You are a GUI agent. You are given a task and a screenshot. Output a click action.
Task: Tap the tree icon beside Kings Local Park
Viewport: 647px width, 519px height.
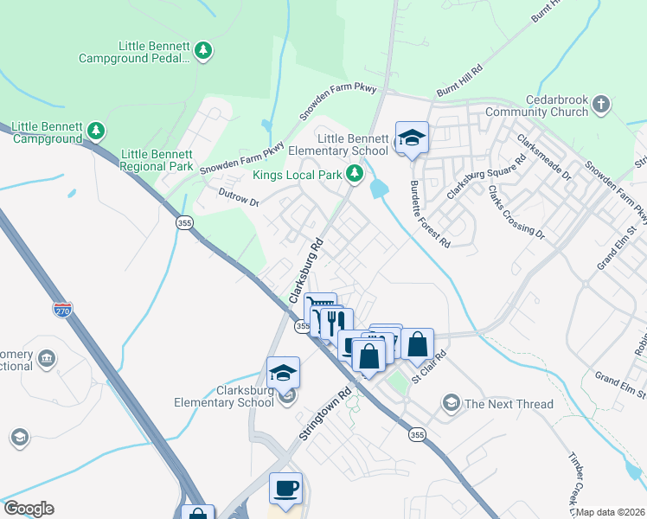[354, 175]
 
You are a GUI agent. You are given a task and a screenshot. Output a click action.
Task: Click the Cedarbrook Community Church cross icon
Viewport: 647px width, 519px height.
[601, 106]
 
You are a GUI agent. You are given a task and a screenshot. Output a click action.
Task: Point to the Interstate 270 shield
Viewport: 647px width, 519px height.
[62, 309]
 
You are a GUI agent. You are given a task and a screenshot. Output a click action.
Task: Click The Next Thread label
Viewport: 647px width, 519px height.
[509, 404]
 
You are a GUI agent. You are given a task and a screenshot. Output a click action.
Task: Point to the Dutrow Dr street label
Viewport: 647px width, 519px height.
[239, 197]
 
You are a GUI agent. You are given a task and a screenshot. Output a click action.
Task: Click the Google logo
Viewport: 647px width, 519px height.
[29, 509]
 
